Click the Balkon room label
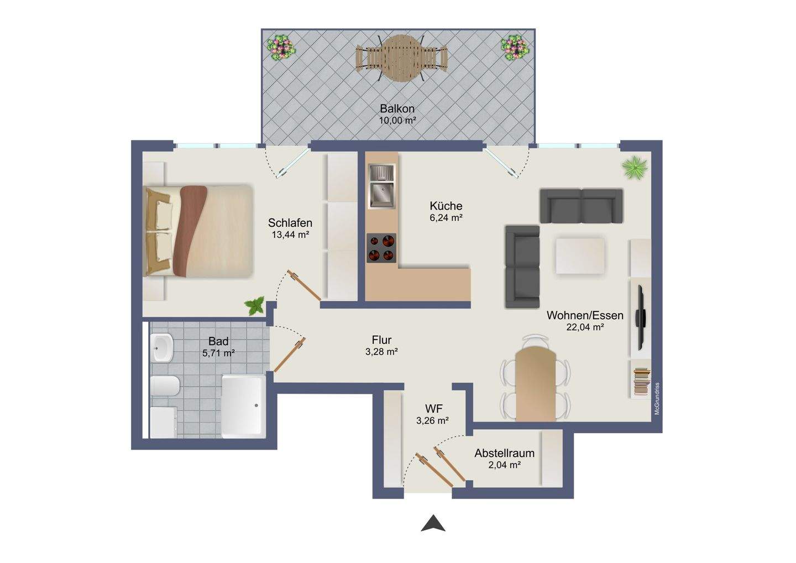[397, 108]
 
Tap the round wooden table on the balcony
[401, 58]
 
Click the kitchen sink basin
[382, 195]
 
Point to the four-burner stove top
[381, 248]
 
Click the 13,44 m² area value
[290, 235]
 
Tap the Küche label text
[446, 206]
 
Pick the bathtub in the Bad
[244, 406]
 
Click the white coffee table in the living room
[580, 256]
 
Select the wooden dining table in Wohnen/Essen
[535, 384]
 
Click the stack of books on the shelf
[641, 382]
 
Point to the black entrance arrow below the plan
[433, 523]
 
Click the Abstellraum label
[504, 453]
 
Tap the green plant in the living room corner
[635, 168]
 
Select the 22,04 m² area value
[585, 327]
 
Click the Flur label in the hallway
[381, 340]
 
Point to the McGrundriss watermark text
[657, 398]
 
